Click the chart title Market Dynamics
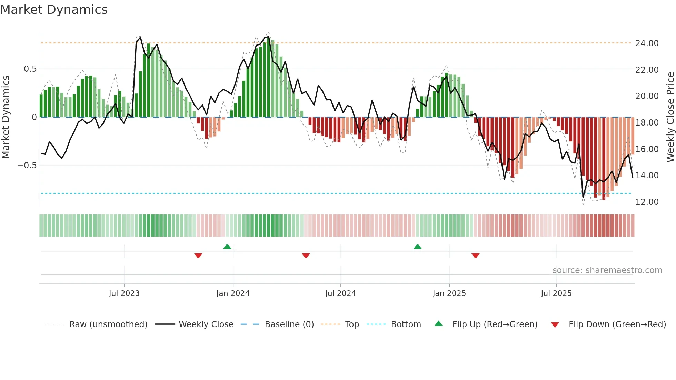[x=54, y=10]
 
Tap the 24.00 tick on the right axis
[x=647, y=43]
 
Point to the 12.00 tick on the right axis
[x=647, y=202]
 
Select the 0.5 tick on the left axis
[x=30, y=69]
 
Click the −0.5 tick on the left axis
[x=27, y=166]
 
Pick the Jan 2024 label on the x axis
[x=233, y=293]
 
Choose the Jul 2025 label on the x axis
[x=556, y=293]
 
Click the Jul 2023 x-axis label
[x=124, y=293]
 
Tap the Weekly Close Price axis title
[x=670, y=117]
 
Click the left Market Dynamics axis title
[x=6, y=117]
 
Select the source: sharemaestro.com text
[x=607, y=270]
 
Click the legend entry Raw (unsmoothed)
[x=108, y=324]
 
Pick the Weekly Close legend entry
[x=206, y=324]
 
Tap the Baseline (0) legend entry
[x=289, y=324]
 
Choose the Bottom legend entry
[x=406, y=324]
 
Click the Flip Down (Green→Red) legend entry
[x=617, y=324]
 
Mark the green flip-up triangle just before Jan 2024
[x=227, y=247]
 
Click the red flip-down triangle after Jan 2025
[x=476, y=256]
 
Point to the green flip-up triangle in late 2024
[x=418, y=247]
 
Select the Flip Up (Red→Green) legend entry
[x=495, y=324]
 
